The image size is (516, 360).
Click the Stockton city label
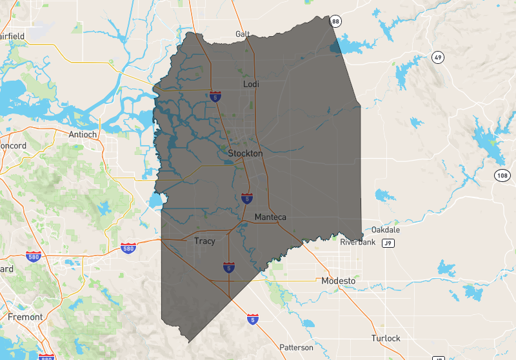pyautogui.click(x=245, y=154)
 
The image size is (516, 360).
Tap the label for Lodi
pyautogui.click(x=251, y=85)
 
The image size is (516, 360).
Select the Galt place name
pyautogui.click(x=243, y=34)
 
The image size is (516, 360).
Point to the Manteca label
pyautogui.click(x=270, y=217)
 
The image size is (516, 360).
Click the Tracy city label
pyautogui.click(x=204, y=241)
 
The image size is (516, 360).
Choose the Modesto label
pyautogui.click(x=339, y=281)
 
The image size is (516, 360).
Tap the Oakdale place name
pyautogui.click(x=386, y=230)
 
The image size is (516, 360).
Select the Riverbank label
pyautogui.click(x=358, y=243)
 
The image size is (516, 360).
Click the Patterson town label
pyautogui.click(x=296, y=347)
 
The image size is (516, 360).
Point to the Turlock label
pyautogui.click(x=386, y=338)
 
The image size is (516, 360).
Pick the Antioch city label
pyautogui.click(x=83, y=134)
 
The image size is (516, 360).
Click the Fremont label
pyautogui.click(x=26, y=317)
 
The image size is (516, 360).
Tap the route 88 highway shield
pyautogui.click(x=334, y=22)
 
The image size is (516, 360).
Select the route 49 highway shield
pyautogui.click(x=438, y=57)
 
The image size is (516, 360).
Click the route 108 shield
pyautogui.click(x=503, y=175)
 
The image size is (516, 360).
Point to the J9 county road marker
pyautogui.click(x=387, y=243)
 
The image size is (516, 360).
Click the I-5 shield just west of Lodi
pyautogui.click(x=215, y=97)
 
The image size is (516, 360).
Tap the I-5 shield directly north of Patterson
pyautogui.click(x=252, y=319)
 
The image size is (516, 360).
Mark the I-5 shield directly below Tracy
pyautogui.click(x=229, y=266)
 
